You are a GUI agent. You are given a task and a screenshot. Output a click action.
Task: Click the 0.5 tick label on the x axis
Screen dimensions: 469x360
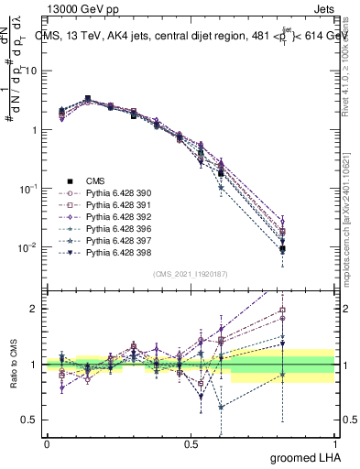(x=191, y=442)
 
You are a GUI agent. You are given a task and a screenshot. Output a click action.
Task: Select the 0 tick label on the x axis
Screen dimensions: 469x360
(x=47, y=442)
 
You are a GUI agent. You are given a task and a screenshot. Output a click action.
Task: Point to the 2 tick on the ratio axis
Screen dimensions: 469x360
(x=38, y=309)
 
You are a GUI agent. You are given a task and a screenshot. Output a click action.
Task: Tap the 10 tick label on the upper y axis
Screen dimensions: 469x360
(x=35, y=71)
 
